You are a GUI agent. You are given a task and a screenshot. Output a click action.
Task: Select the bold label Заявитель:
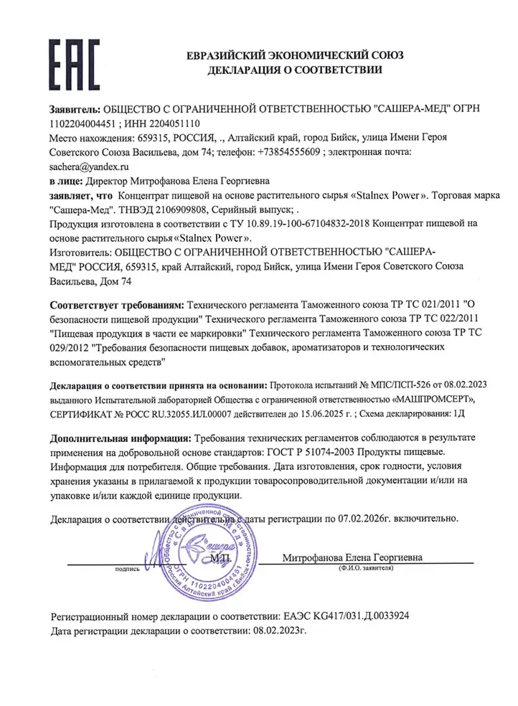[x=75, y=108]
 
